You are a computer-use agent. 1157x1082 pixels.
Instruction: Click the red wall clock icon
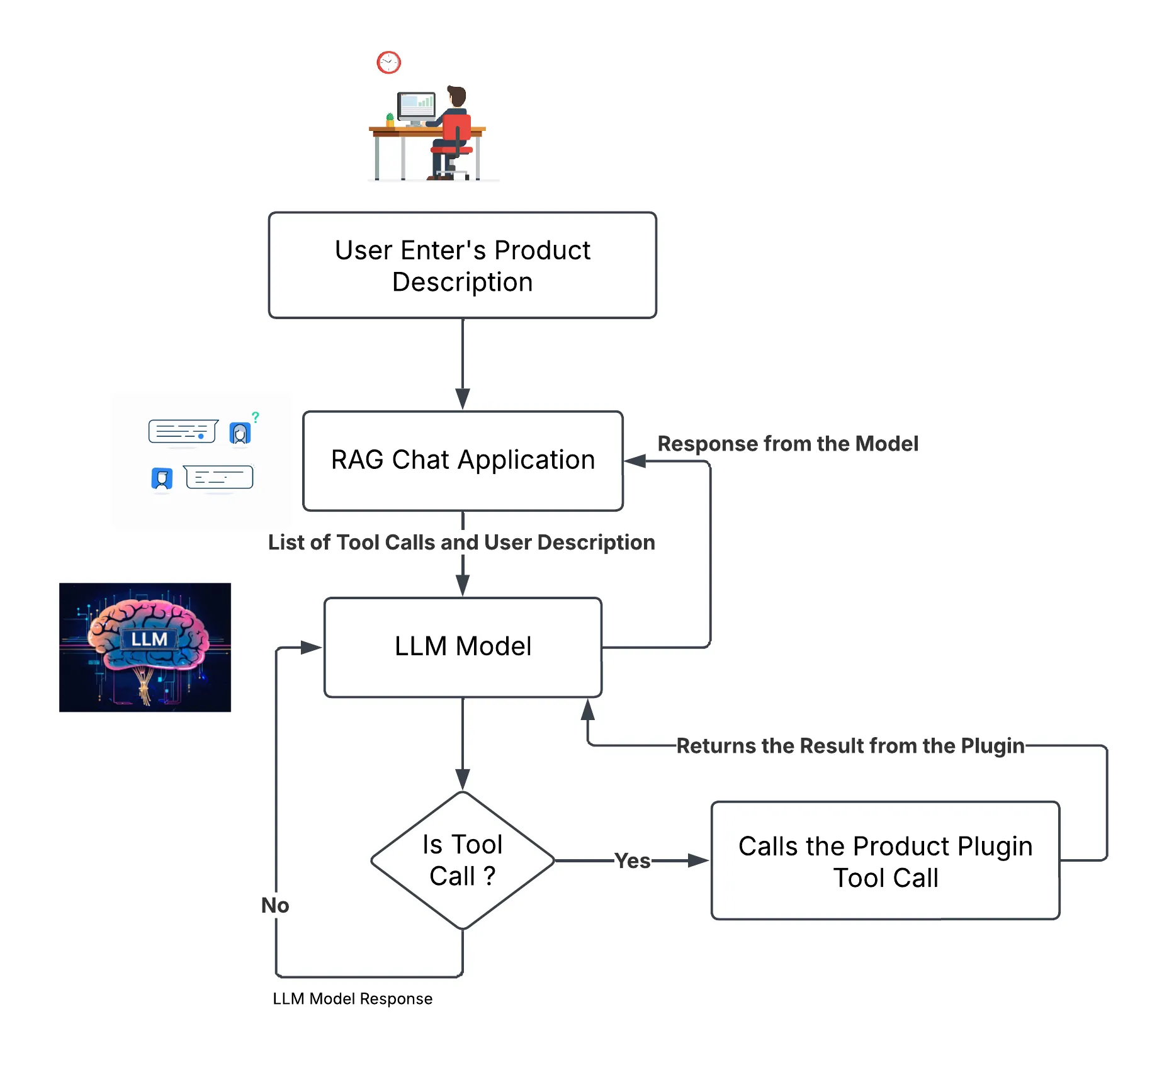coord(388,62)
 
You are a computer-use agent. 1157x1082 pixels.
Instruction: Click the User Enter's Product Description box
coord(462,265)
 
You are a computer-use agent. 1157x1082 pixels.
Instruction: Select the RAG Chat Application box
coord(463,460)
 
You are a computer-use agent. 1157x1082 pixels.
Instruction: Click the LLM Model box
coord(463,646)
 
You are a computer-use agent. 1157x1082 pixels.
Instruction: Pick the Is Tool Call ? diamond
coord(463,860)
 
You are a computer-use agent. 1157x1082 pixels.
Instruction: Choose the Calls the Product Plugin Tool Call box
coord(885,860)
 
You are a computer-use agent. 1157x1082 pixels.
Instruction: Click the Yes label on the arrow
coord(632,860)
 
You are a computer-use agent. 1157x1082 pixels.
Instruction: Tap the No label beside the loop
coord(275,905)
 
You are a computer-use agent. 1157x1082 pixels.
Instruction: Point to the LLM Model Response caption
coord(353,999)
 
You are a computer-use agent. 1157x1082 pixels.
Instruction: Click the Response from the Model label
coord(787,444)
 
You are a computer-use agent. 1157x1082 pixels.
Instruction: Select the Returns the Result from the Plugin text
coord(850,746)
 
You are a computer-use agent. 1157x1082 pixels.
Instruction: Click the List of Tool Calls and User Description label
coord(461,543)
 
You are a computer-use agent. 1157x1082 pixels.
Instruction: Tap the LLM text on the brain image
coord(149,640)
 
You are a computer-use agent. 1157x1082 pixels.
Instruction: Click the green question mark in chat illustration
coord(256,417)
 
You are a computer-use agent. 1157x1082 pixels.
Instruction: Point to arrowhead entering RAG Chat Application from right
coord(635,461)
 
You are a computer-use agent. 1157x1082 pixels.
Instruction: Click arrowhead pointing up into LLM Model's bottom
coord(588,709)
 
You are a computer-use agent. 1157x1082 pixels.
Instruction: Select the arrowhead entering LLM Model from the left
coord(312,647)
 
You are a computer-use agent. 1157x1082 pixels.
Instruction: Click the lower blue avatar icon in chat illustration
coord(162,478)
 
